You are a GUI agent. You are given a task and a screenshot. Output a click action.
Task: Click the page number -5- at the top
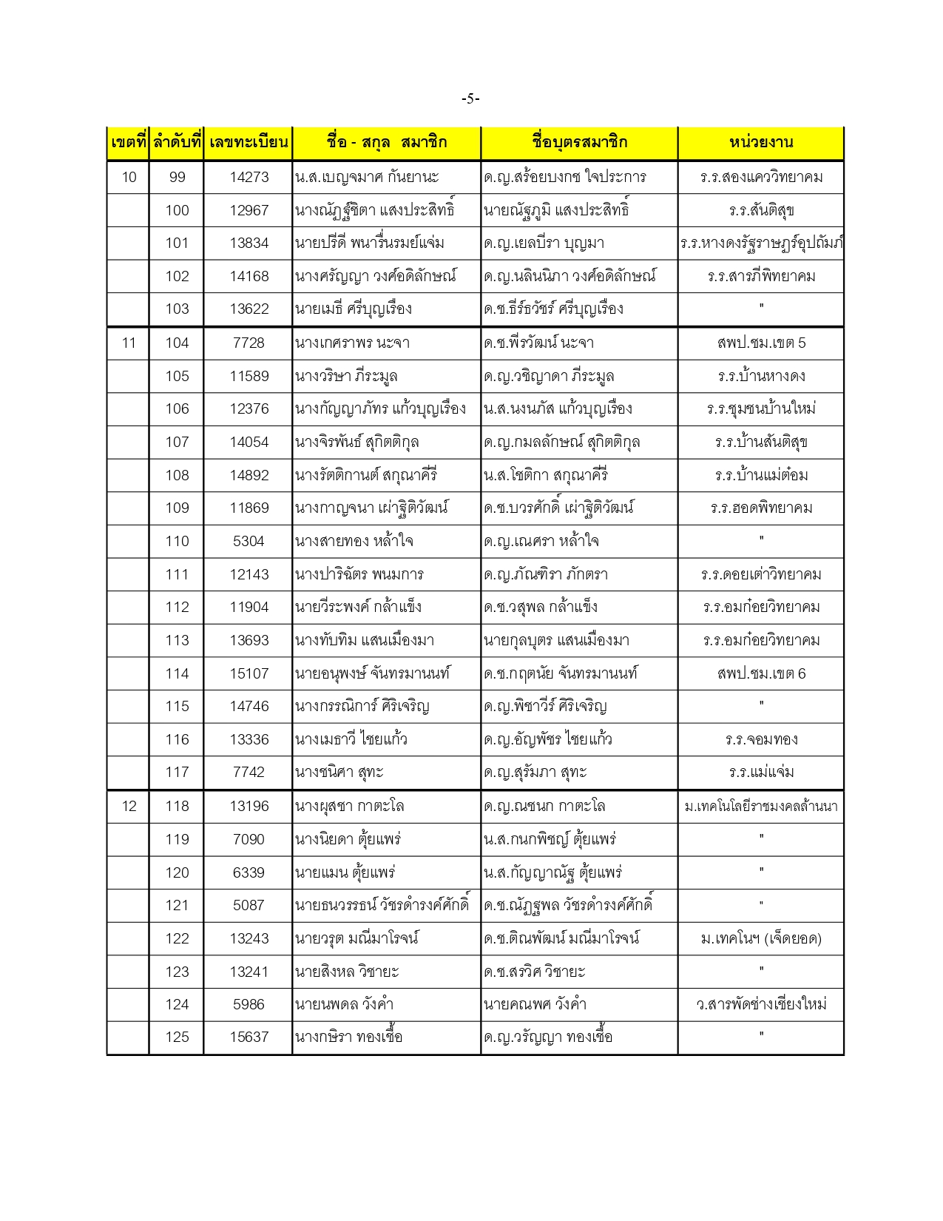pos(470,98)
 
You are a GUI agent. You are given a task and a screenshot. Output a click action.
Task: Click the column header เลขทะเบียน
pos(249,142)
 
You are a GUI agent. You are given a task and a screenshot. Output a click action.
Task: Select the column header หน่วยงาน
pos(760,142)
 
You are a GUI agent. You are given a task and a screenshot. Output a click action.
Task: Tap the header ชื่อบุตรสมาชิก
pos(579,142)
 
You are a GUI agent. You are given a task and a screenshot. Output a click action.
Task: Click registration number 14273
pos(249,177)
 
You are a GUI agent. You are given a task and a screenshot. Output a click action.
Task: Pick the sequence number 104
pos(177,343)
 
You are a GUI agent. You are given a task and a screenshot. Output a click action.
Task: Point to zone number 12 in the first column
pos(129,806)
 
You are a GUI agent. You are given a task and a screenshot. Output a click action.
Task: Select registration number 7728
pos(249,343)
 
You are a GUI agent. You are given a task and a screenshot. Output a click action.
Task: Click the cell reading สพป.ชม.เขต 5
pos(761,343)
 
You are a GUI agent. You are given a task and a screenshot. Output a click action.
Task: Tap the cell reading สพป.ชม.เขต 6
pos(761,673)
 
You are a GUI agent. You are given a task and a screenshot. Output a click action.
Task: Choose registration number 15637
pos(249,1037)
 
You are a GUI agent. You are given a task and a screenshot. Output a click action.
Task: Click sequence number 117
pos(177,772)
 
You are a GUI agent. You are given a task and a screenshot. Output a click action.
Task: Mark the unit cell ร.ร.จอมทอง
pos(761,739)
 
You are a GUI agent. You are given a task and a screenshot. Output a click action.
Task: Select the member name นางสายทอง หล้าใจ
pos(354,541)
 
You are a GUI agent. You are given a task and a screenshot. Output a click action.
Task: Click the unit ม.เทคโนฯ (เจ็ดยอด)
pos(761,938)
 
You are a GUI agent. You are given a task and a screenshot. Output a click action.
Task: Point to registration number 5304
pos(249,541)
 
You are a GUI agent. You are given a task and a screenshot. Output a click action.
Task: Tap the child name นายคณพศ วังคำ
pos(535,1004)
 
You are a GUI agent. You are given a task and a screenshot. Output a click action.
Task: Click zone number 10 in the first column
pos(129,177)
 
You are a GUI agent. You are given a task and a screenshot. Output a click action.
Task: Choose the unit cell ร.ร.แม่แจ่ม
pos(761,772)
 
